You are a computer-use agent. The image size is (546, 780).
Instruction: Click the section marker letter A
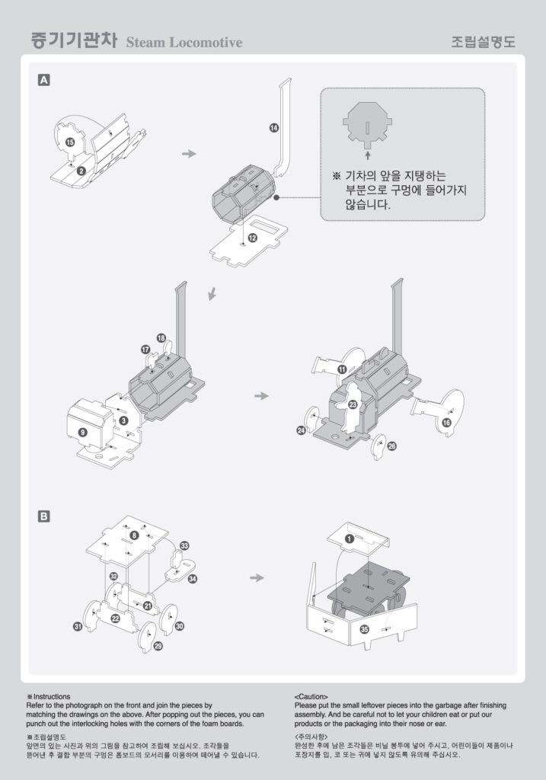[x=43, y=80]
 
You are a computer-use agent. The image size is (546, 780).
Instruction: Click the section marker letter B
[x=43, y=516]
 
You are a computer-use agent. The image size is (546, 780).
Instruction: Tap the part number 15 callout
[x=70, y=142]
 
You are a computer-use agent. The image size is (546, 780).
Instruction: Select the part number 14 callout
[x=274, y=128]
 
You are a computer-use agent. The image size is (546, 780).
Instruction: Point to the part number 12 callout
[x=253, y=238]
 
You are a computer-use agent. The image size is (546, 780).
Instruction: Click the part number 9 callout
[x=83, y=432]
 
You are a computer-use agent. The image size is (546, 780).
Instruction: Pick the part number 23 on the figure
[x=353, y=404]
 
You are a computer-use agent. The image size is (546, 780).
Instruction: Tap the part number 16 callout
[x=446, y=423]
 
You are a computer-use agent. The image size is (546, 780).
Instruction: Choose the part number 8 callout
[x=134, y=535]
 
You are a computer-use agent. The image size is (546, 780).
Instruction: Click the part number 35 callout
[x=365, y=629]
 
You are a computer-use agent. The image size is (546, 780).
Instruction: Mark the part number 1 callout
[x=350, y=539]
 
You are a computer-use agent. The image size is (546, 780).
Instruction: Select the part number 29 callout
[x=158, y=646]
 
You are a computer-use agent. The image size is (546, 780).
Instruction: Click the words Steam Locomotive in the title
[x=184, y=43]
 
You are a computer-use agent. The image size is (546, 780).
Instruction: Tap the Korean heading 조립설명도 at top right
[x=483, y=42]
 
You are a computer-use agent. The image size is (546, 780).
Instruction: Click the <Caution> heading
[x=311, y=696]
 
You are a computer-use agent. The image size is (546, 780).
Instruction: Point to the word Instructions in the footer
[x=52, y=696]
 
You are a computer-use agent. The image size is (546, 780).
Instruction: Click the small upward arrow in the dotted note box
[x=368, y=155]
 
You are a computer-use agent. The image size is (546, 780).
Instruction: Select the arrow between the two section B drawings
[x=257, y=577]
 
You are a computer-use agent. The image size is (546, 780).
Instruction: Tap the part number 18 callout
[x=161, y=337]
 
